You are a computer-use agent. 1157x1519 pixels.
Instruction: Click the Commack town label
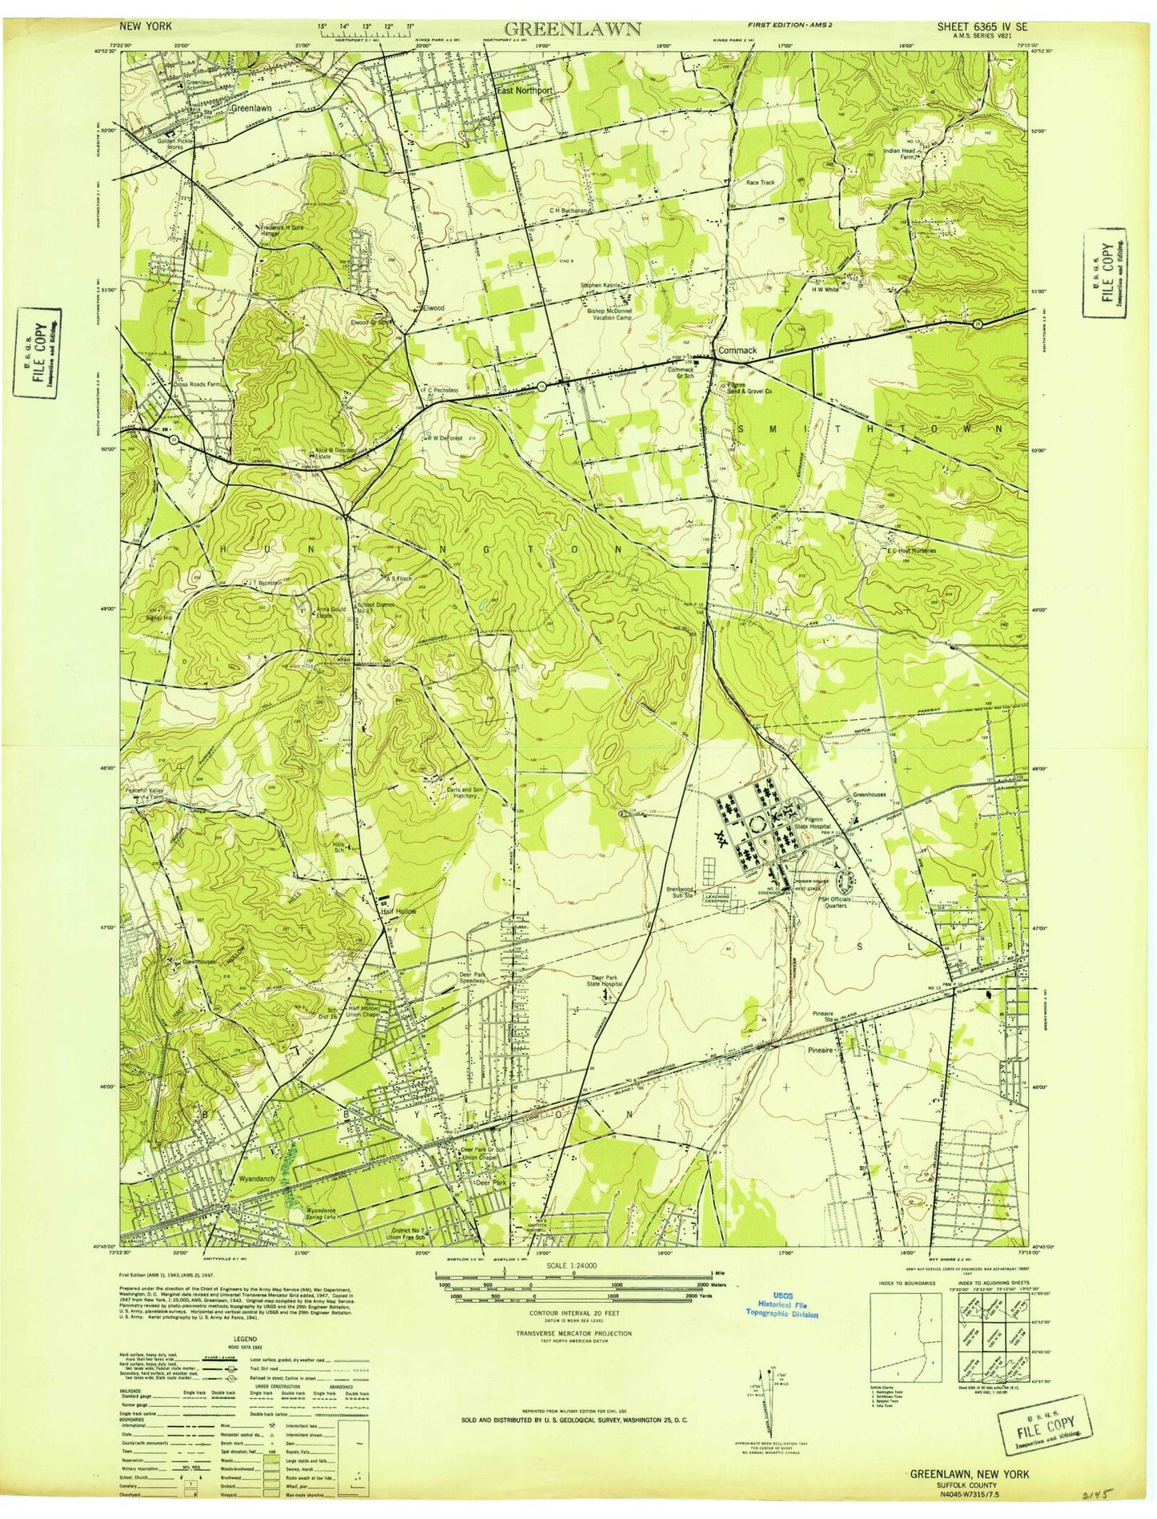(x=737, y=351)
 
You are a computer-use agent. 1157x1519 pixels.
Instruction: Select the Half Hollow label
(x=397, y=911)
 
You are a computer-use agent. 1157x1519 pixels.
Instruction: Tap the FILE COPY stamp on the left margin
(x=38, y=352)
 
